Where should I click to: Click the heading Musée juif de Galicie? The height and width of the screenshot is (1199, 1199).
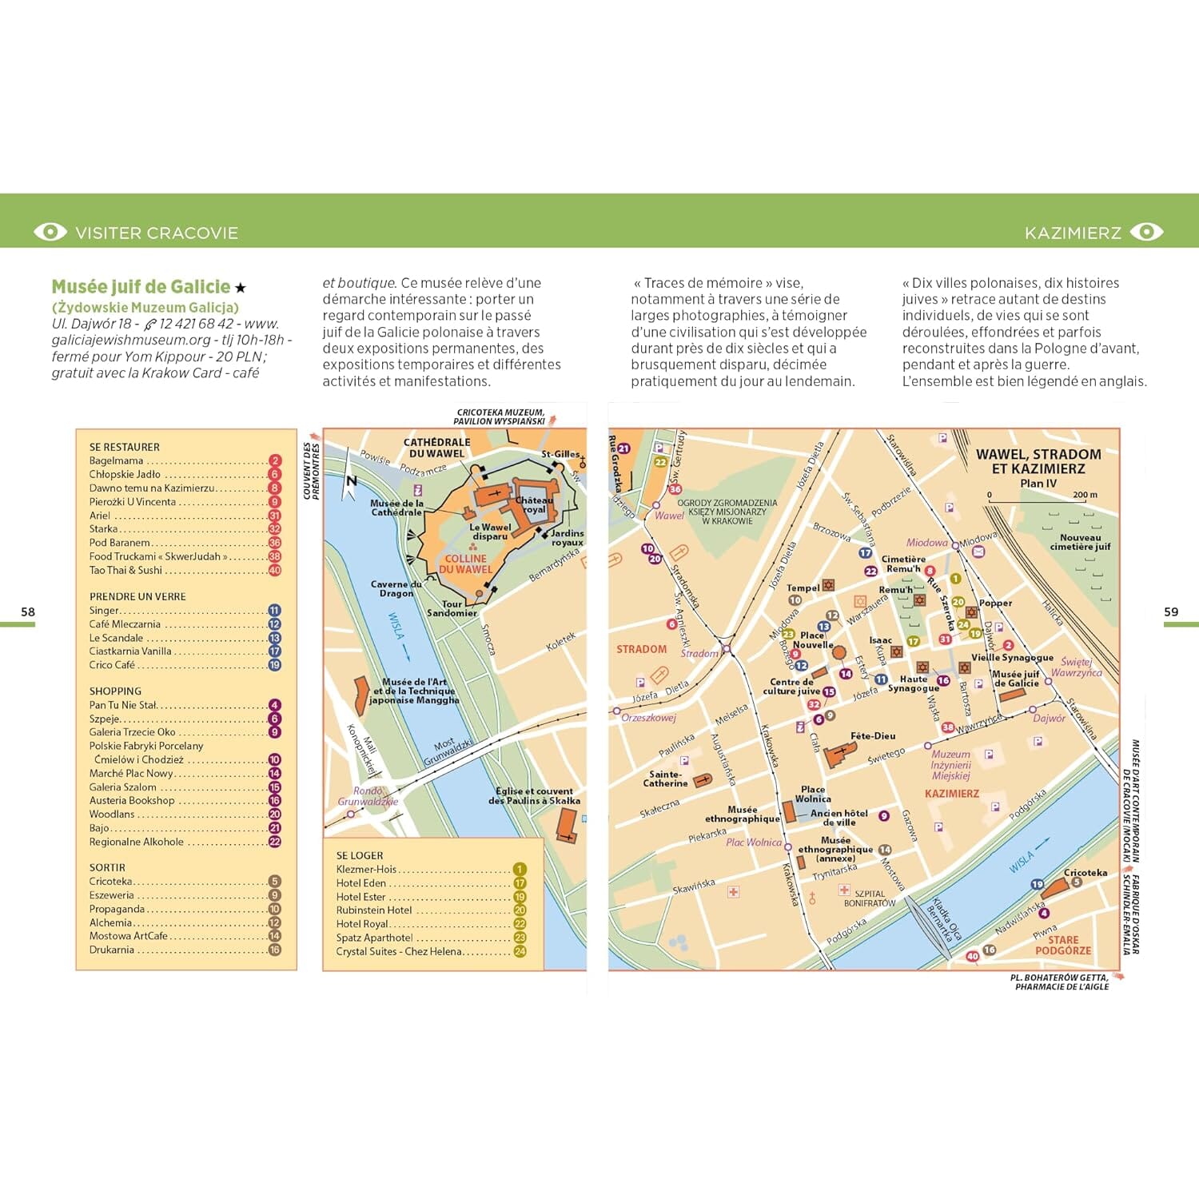coord(141,287)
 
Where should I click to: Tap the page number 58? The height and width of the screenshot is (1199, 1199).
coord(28,611)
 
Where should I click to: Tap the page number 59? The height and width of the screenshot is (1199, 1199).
coord(1171,611)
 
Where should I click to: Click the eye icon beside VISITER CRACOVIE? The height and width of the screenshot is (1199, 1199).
coord(50,232)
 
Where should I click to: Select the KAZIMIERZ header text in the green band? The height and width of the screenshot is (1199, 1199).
coord(1073,233)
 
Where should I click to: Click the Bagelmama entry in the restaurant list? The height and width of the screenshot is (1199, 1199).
coord(117,461)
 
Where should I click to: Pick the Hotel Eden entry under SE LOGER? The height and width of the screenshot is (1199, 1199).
coord(361,883)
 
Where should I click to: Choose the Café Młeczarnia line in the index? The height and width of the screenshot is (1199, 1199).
coord(125,624)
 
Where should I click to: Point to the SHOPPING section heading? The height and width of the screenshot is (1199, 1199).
coord(115,691)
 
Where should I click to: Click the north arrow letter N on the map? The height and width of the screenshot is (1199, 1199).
coord(351,480)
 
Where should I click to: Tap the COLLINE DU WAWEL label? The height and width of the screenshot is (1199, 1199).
coord(465,564)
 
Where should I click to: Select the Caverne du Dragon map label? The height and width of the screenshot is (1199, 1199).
coord(396,589)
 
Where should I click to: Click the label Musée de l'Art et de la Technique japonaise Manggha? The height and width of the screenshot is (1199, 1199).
coord(414,691)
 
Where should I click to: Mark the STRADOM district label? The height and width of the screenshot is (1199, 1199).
coord(641,649)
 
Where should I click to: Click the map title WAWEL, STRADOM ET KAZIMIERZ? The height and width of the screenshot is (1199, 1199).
coord(1038,461)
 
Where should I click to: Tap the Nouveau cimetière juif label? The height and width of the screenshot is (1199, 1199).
coord(1080,542)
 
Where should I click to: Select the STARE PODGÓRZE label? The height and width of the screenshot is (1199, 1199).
coord(1062,945)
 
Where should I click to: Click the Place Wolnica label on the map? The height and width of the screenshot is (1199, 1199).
coord(812,794)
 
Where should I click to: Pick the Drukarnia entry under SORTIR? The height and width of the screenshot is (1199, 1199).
coord(112,950)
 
